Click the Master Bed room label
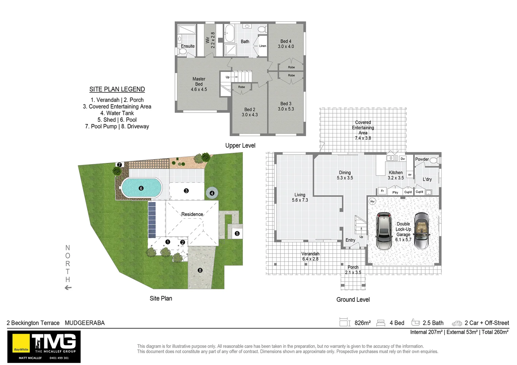coord(199,84)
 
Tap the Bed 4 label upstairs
coord(286,44)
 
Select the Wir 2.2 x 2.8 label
coord(210,40)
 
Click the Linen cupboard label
coord(263,46)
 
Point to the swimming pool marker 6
coord(141,188)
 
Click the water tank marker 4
coord(212,193)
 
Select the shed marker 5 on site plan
coord(237,233)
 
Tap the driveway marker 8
coord(200,270)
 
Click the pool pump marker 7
coord(119,165)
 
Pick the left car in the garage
coord(384,231)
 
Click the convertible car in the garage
coord(422,231)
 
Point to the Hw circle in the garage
coord(372,201)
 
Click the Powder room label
coord(422,159)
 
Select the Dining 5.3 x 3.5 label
coord(344,175)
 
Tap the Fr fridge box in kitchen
coord(382,191)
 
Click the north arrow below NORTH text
coord(68,288)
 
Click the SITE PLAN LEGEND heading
coord(117,89)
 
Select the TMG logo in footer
coord(44,346)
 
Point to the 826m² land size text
coord(362,323)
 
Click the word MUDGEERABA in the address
coord(85,323)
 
